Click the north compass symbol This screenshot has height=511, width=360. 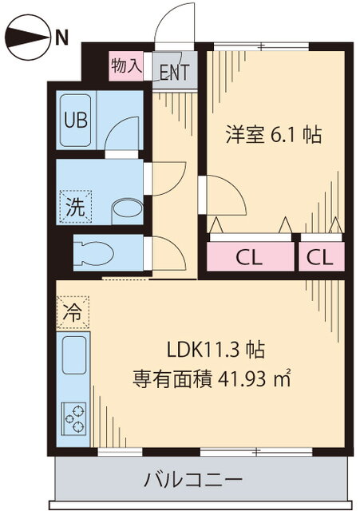(x=29, y=37)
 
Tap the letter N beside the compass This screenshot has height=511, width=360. (x=61, y=37)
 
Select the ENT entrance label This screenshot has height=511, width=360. (x=175, y=73)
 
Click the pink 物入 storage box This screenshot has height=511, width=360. (x=126, y=65)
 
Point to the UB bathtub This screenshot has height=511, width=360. (x=76, y=120)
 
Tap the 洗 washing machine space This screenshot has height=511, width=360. (x=76, y=207)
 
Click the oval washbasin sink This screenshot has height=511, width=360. (x=128, y=208)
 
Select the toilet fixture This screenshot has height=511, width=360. (x=94, y=253)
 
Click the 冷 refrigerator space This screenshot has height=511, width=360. (x=73, y=312)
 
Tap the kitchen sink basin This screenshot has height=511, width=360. (x=74, y=355)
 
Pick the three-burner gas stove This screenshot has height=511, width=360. (x=74, y=418)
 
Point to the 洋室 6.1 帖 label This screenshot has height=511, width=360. (x=274, y=134)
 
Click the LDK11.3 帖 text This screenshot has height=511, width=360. (x=216, y=350)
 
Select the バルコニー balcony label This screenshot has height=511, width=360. (x=194, y=479)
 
